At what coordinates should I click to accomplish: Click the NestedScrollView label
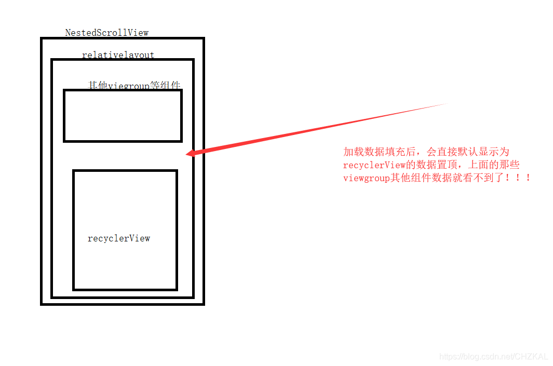[x=106, y=33]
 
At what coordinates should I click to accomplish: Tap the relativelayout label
[x=118, y=55]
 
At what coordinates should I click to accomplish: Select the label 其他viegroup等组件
[x=134, y=85]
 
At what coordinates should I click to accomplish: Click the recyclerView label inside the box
[x=119, y=238]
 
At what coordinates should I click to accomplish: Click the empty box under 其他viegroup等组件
[x=123, y=115]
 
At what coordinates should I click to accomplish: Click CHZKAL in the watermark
[x=532, y=357]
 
